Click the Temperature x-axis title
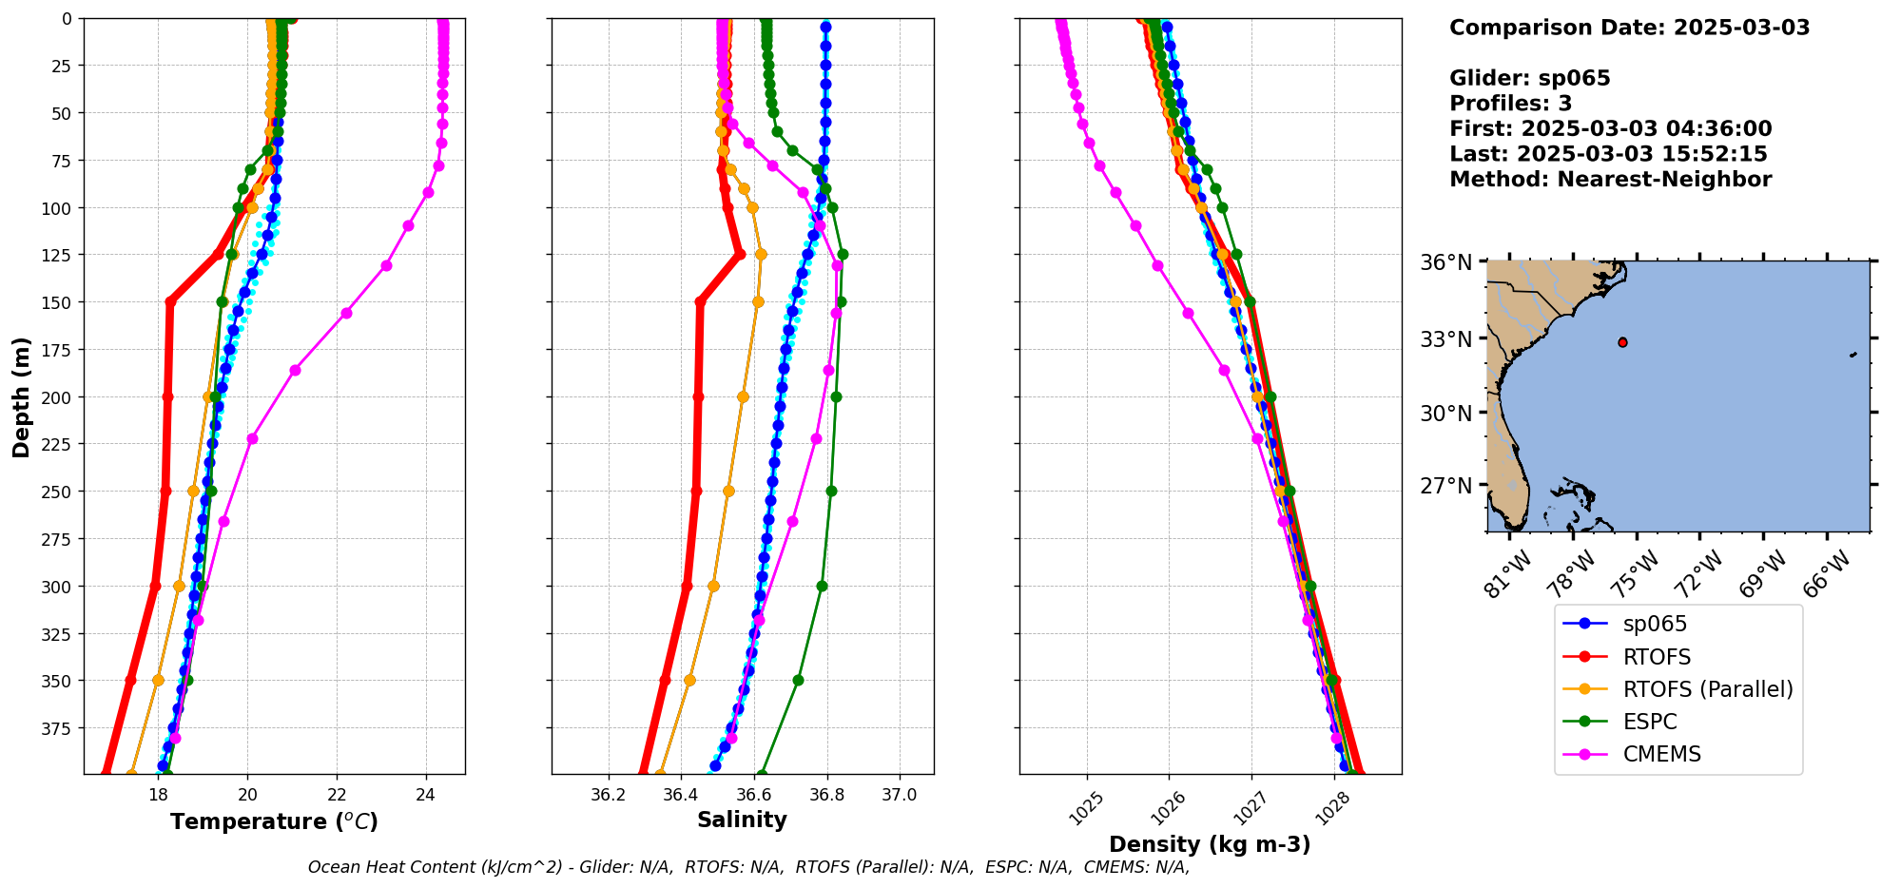pyautogui.click(x=274, y=821)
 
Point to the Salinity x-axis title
pyautogui.click(x=742, y=820)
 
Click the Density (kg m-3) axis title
pyautogui.click(x=1210, y=844)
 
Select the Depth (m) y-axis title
pyautogui.click(x=22, y=396)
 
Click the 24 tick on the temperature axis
pyautogui.click(x=426, y=794)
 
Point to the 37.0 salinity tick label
pyautogui.click(x=899, y=794)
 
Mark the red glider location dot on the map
pyautogui.click(x=1622, y=342)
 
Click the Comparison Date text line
pyautogui.click(x=1629, y=28)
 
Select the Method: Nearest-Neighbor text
pyautogui.click(x=1610, y=180)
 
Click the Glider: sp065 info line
pyautogui.click(x=1529, y=78)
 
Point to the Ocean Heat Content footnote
pyautogui.click(x=748, y=867)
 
